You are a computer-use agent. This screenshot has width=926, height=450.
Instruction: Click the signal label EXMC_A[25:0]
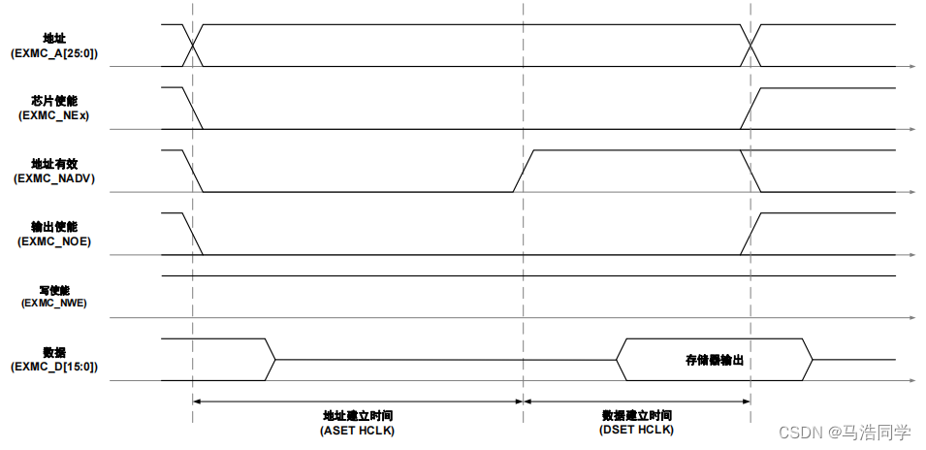point(53,54)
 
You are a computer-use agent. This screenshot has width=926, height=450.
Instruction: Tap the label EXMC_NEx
point(54,115)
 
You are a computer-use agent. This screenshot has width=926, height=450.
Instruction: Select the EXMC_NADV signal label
point(54,178)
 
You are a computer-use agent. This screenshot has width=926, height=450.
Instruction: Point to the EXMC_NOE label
point(54,241)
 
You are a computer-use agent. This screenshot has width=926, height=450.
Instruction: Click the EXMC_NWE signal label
point(54,303)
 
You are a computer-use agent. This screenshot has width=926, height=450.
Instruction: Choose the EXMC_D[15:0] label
point(54,367)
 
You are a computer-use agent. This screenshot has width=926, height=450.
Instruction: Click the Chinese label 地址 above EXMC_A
point(54,39)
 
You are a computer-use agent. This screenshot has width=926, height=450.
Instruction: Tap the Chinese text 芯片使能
point(54,100)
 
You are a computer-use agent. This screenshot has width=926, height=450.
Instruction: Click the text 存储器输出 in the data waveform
point(715,360)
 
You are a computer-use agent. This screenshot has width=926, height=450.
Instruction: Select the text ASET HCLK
point(358,429)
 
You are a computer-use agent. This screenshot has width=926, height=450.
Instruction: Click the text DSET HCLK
point(637,429)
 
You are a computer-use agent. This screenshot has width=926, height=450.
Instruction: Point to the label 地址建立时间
point(358,414)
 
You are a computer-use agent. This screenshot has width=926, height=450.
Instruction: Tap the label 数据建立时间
point(637,414)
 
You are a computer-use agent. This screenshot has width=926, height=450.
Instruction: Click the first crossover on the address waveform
point(194,45)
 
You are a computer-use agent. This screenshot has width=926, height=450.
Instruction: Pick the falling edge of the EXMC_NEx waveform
point(193,108)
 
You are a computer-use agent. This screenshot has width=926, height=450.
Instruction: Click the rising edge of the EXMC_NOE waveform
point(750,234)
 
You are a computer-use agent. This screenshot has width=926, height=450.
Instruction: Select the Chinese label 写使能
point(54,289)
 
